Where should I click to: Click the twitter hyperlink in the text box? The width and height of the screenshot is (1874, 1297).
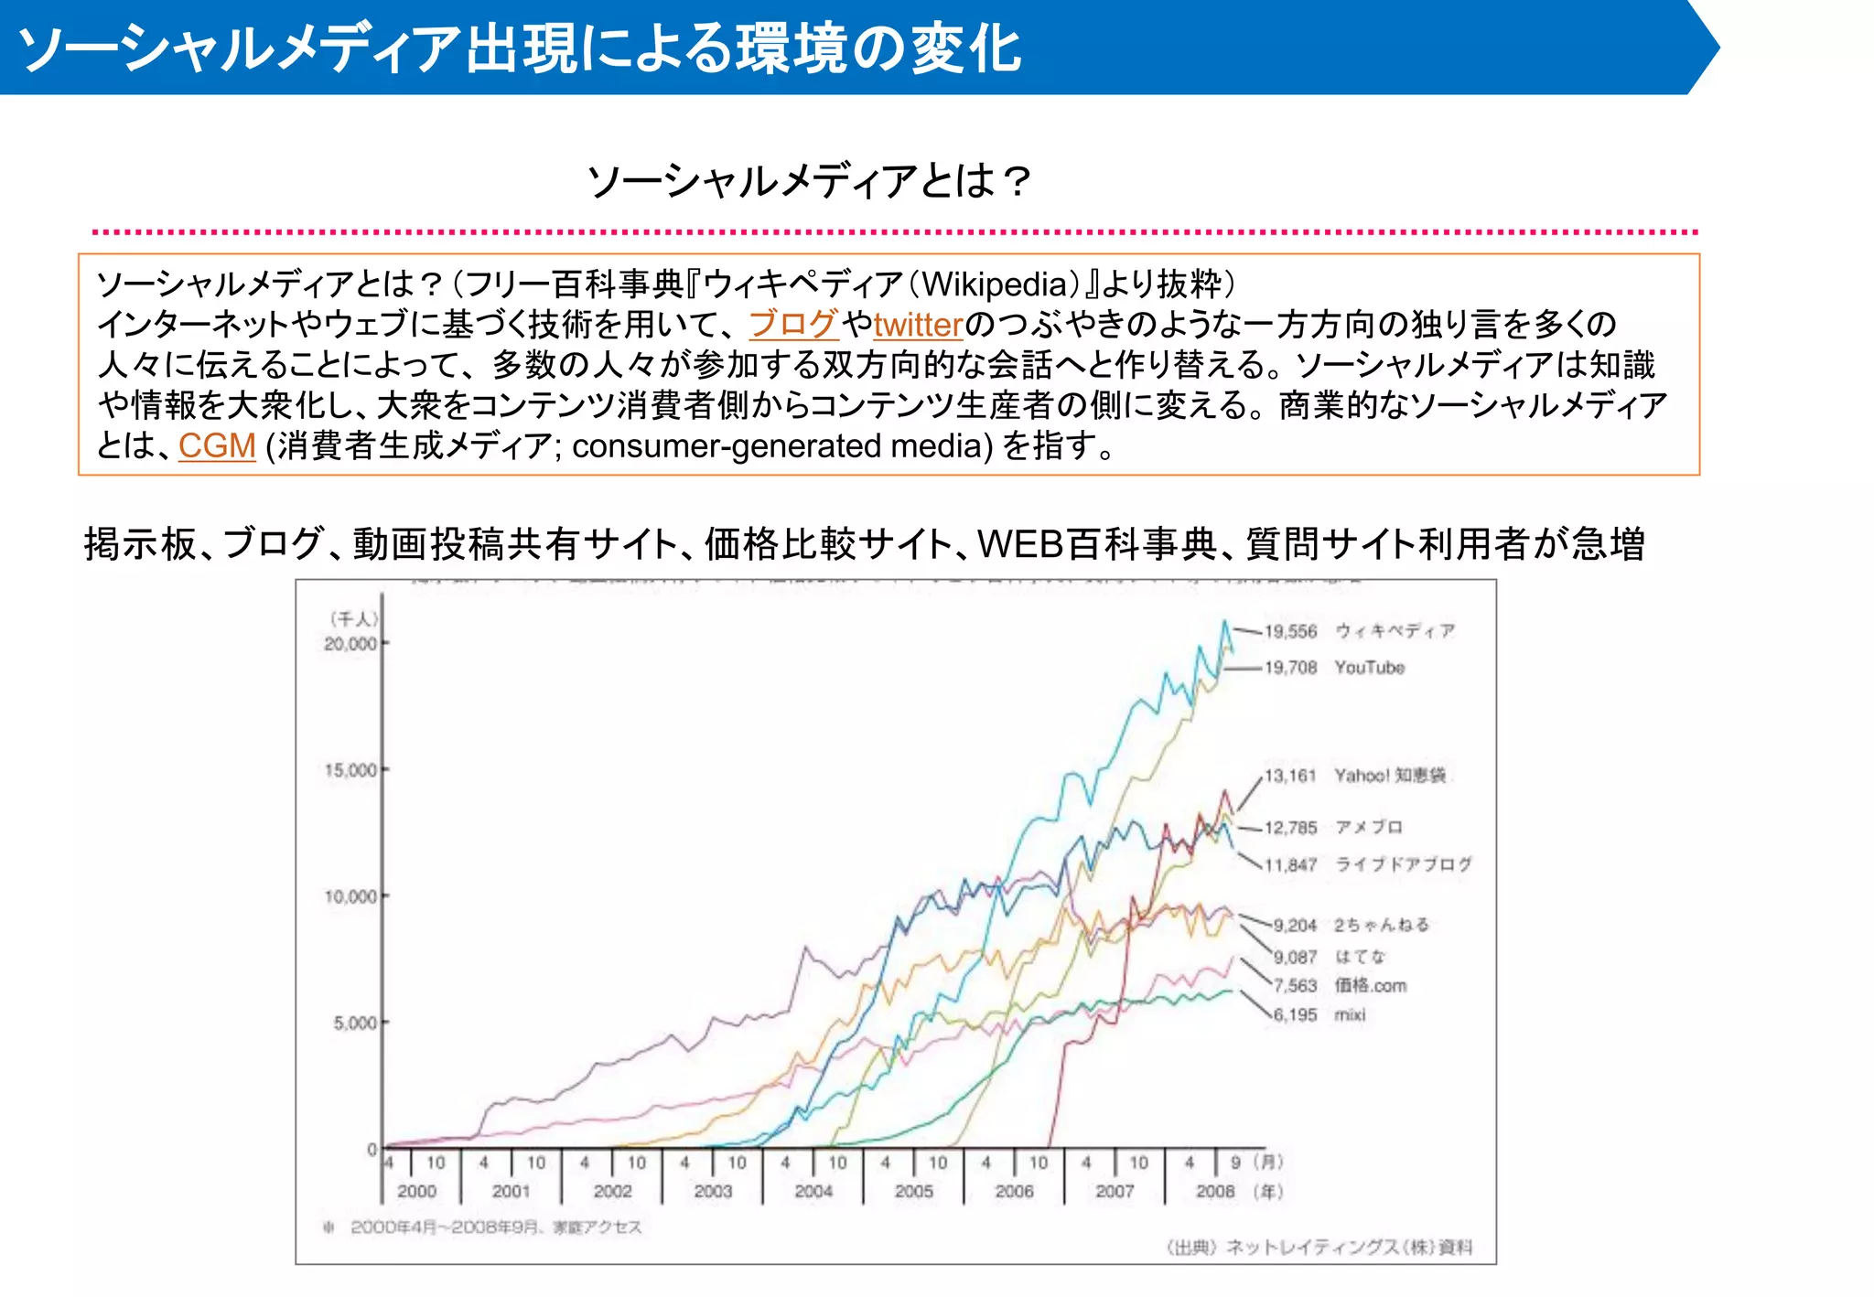click(x=918, y=325)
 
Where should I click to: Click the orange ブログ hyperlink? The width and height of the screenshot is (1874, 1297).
click(x=792, y=324)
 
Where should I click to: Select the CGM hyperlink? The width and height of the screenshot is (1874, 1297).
click(x=217, y=445)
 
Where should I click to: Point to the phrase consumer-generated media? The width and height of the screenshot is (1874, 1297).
click(x=782, y=446)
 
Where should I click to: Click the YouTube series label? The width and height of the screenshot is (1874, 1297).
click(x=1369, y=668)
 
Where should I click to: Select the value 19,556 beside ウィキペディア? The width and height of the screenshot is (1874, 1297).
click(x=1290, y=631)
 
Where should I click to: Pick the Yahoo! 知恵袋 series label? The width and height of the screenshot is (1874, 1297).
click(x=1389, y=776)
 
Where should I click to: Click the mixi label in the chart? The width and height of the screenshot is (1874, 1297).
click(x=1350, y=1014)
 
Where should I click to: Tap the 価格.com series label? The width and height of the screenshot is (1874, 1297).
click(x=1370, y=985)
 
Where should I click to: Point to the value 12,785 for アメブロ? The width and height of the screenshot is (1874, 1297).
click(x=1290, y=828)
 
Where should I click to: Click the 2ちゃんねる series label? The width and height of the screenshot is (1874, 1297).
click(x=1381, y=925)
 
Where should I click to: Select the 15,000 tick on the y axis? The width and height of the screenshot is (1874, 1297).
click(x=350, y=770)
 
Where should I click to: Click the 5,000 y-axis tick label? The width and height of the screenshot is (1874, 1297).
click(x=354, y=1023)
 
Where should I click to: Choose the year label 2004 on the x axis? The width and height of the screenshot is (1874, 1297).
click(x=813, y=1191)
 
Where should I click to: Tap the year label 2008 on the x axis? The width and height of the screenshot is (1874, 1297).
click(x=1214, y=1191)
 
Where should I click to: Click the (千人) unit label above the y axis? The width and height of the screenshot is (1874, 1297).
click(x=352, y=619)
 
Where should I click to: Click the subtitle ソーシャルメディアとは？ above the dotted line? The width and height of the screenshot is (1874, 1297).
click(x=809, y=180)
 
